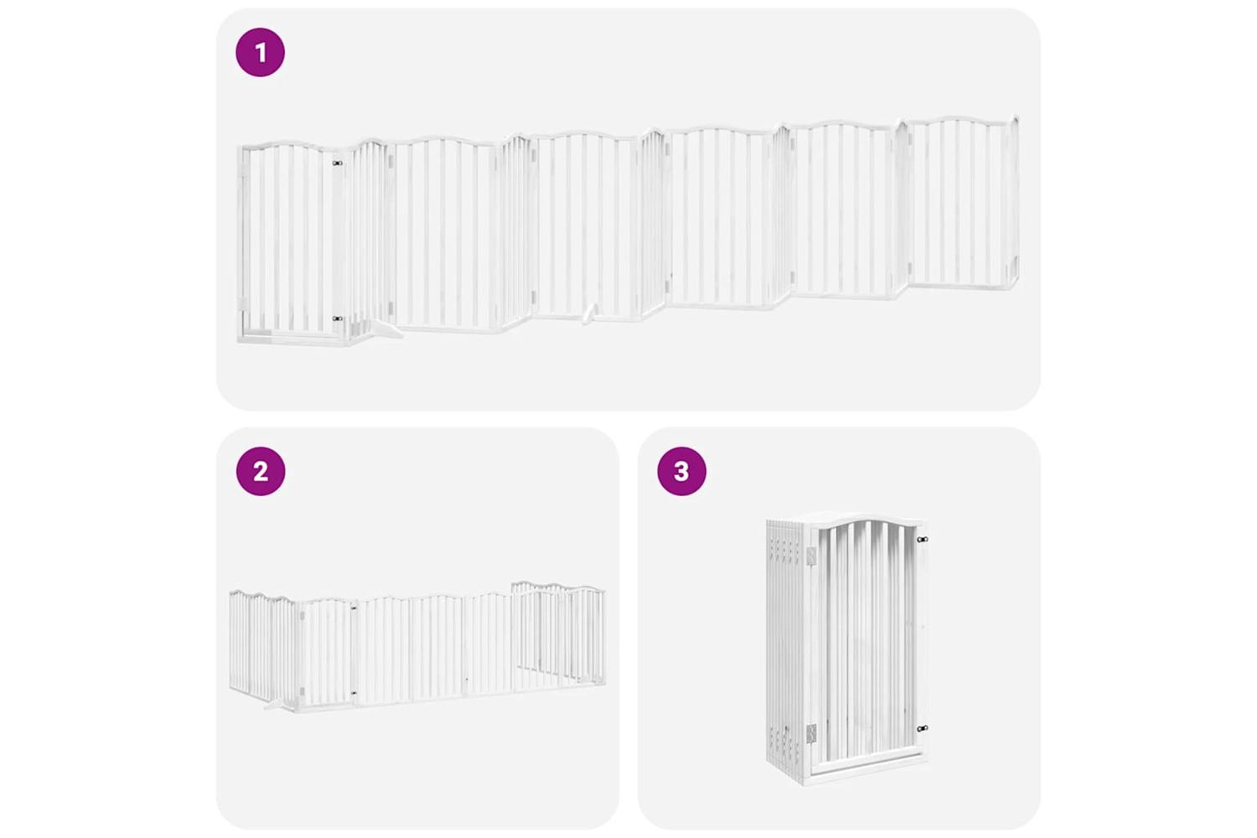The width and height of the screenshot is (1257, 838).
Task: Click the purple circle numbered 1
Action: [260, 52]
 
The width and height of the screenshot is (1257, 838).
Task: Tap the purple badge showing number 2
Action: [261, 471]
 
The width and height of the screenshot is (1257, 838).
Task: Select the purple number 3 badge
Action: [681, 471]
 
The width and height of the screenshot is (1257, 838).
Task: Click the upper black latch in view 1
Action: [337, 163]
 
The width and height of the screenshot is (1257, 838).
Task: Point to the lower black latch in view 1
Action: [337, 318]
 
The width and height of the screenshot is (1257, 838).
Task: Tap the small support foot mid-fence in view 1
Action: [588, 314]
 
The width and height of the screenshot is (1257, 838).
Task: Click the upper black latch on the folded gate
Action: [922, 540]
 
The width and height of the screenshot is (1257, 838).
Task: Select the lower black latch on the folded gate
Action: [922, 728]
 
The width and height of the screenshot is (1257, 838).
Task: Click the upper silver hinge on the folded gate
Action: [811, 556]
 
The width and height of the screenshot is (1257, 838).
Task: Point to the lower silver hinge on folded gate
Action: [811, 733]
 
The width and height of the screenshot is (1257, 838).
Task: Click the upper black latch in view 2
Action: [354, 608]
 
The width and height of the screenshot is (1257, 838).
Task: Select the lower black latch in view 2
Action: [354, 693]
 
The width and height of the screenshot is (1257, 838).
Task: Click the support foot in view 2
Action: [276, 706]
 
